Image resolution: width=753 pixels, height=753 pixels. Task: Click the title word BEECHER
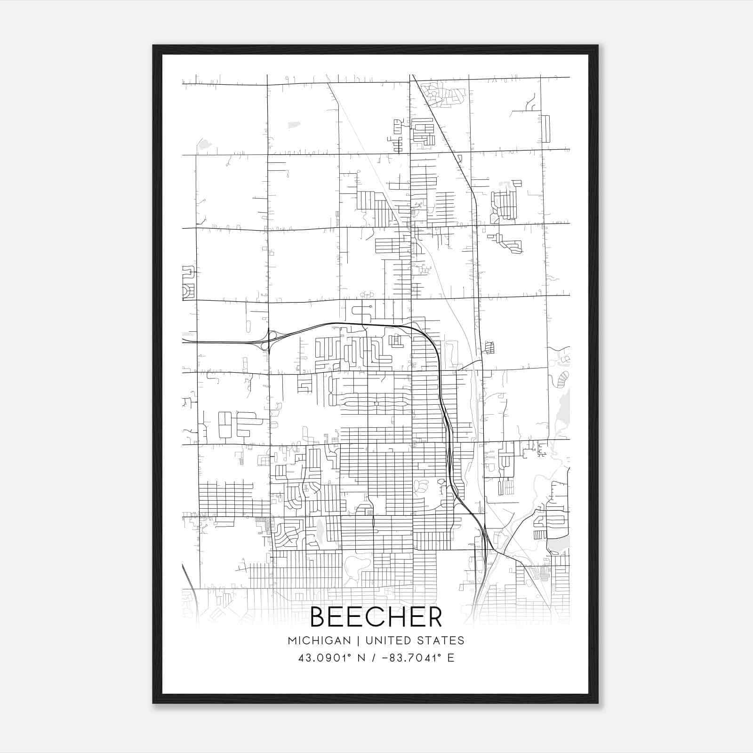(376, 617)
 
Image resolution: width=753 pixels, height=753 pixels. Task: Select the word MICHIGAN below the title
(320, 641)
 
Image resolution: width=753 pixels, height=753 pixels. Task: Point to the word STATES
(443, 641)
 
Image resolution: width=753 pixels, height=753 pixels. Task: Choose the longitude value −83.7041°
(411, 658)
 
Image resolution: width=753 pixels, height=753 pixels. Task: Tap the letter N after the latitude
(362, 658)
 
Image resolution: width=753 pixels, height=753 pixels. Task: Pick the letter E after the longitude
(451, 658)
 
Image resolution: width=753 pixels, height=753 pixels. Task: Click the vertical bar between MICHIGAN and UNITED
(358, 641)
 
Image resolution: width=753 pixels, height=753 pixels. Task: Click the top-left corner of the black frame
(153, 46)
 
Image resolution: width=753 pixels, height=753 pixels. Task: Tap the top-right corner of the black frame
(598, 46)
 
